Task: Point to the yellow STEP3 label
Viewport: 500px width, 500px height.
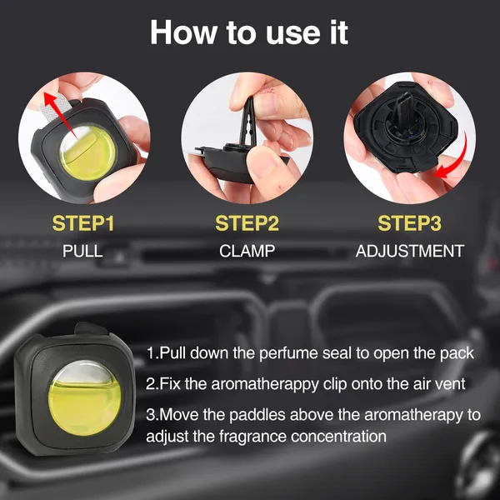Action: coord(409,223)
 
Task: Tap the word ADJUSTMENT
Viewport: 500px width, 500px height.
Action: coord(409,251)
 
